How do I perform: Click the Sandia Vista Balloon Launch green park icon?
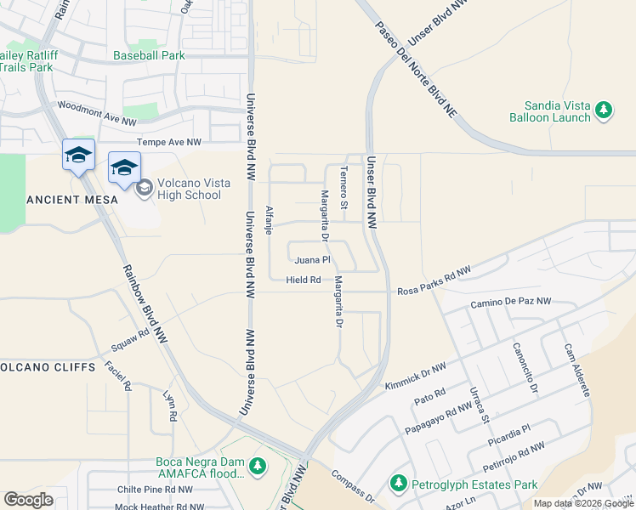604,110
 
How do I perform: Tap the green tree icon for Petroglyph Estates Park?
397,484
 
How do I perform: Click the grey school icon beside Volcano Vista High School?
143,186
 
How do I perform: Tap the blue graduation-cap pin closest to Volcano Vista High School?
124,167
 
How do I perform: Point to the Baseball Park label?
149,55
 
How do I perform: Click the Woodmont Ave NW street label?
96,114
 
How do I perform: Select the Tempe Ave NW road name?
169,142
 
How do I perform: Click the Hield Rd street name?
304,280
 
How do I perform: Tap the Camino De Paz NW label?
510,302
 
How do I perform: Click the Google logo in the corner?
28,500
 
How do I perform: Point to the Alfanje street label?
270,220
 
